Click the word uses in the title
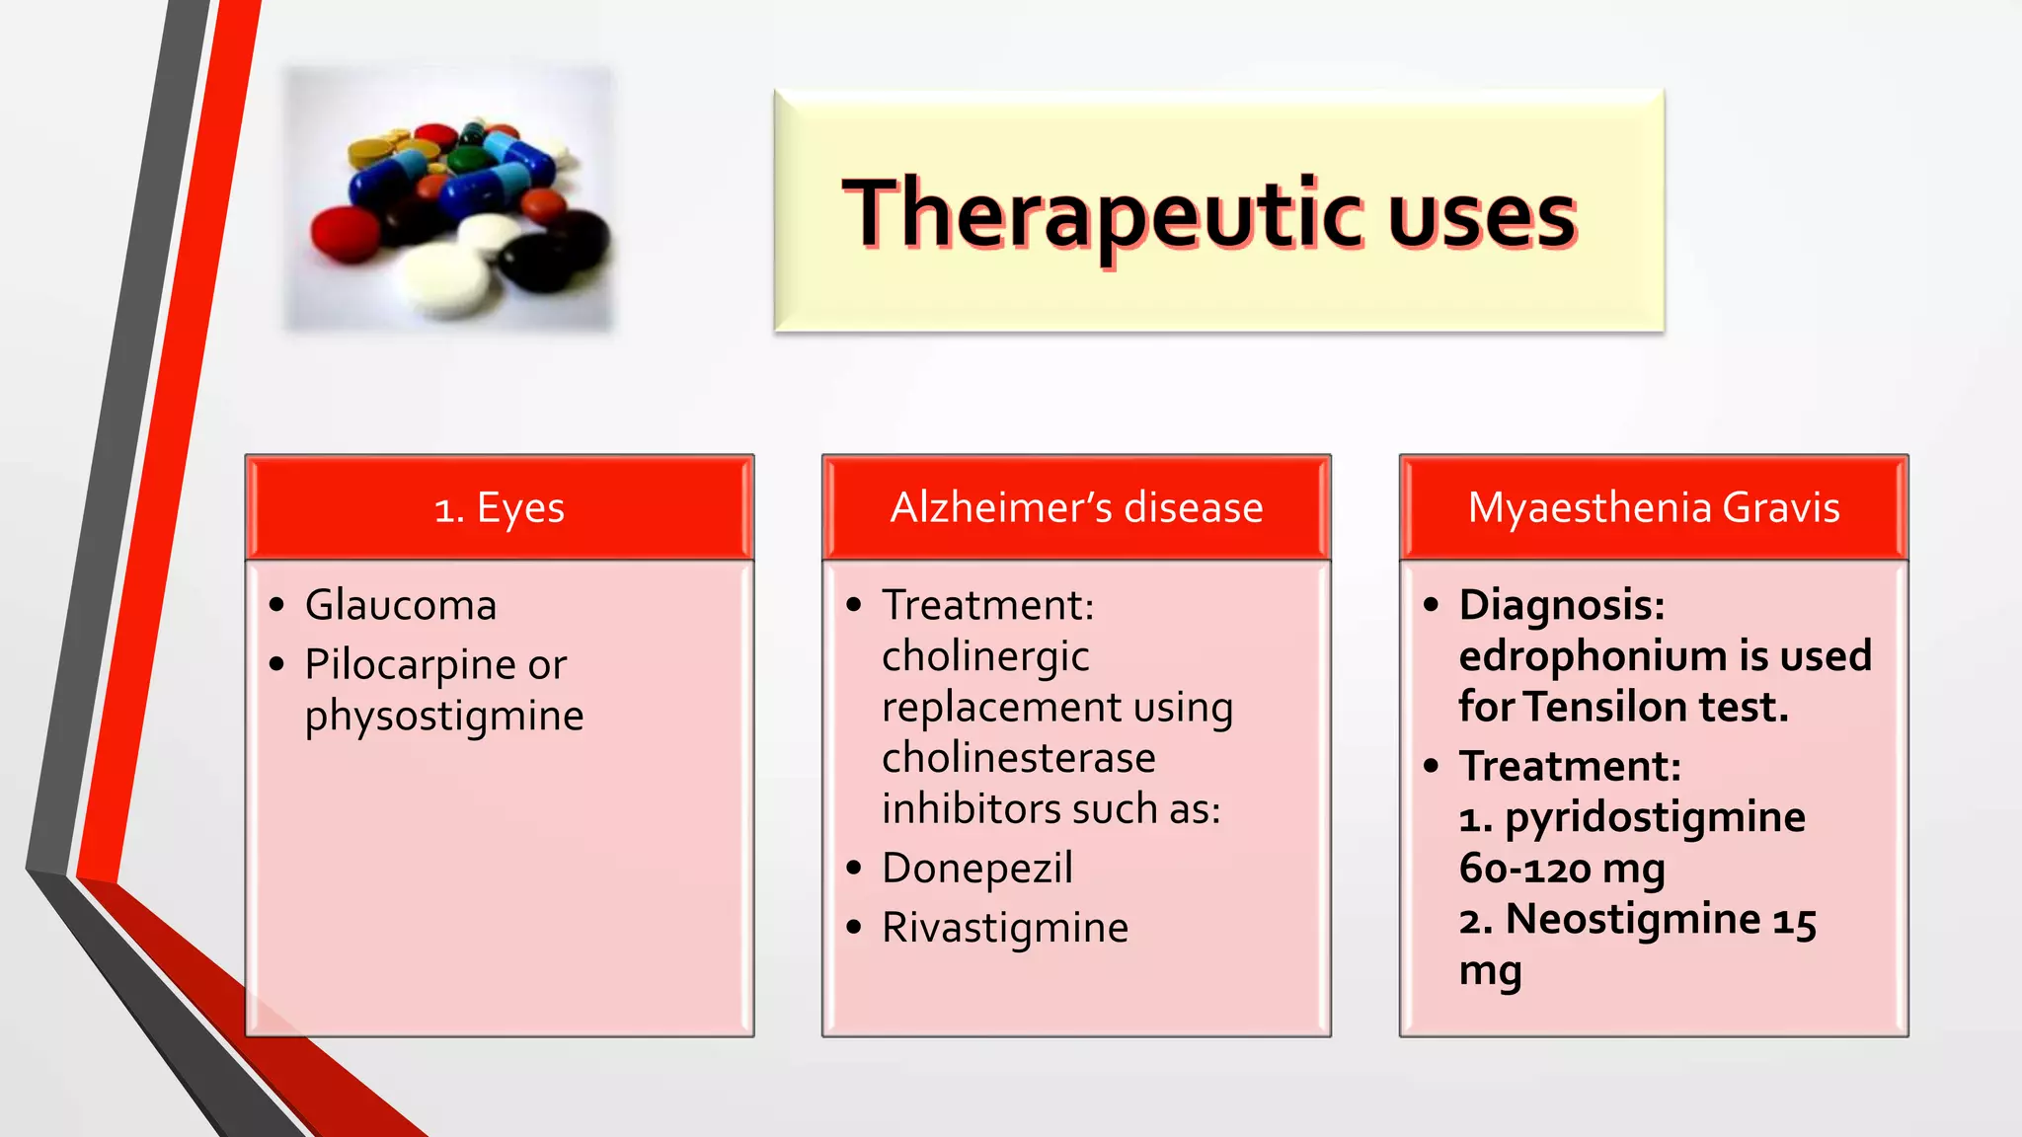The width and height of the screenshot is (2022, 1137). pyautogui.click(x=1481, y=217)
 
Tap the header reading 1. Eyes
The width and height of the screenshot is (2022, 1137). pyautogui.click(x=500, y=507)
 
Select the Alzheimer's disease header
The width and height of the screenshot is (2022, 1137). pyautogui.click(x=1076, y=507)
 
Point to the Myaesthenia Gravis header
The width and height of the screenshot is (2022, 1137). pyautogui.click(x=1654, y=507)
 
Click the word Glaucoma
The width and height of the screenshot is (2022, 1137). pyautogui.click(x=401, y=605)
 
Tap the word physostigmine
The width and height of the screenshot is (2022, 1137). pyautogui.click(x=444, y=717)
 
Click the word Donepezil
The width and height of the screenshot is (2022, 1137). pyautogui.click(x=977, y=869)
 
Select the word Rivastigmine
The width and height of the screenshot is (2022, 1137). pyautogui.click(x=1005, y=928)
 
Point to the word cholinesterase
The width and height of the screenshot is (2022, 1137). pyautogui.click(x=1018, y=758)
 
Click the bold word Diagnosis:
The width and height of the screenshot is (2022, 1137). pyautogui.click(x=1562, y=605)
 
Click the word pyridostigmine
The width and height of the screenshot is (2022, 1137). pyautogui.click(x=1655, y=818)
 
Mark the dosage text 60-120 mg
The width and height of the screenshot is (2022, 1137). pyautogui.click(x=1562, y=869)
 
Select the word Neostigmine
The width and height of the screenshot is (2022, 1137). pyautogui.click(x=1633, y=919)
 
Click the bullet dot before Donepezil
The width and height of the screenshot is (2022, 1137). pyautogui.click(x=855, y=869)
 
